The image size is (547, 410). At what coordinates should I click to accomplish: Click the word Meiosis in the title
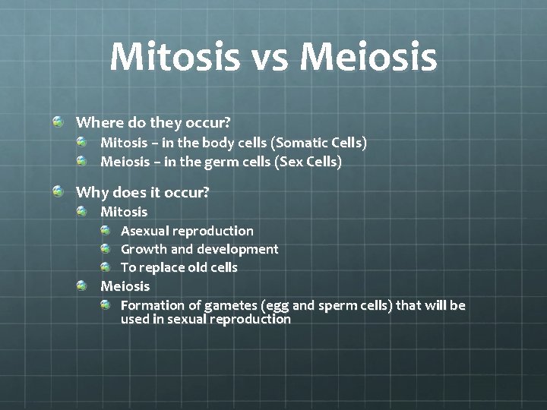(x=369, y=57)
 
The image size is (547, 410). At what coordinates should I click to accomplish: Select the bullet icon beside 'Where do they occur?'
(x=58, y=121)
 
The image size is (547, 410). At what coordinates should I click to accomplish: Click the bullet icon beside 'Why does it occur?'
(x=58, y=192)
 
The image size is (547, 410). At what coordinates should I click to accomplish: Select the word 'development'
(x=238, y=249)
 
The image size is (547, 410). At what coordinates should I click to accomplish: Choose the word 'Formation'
(x=153, y=305)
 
